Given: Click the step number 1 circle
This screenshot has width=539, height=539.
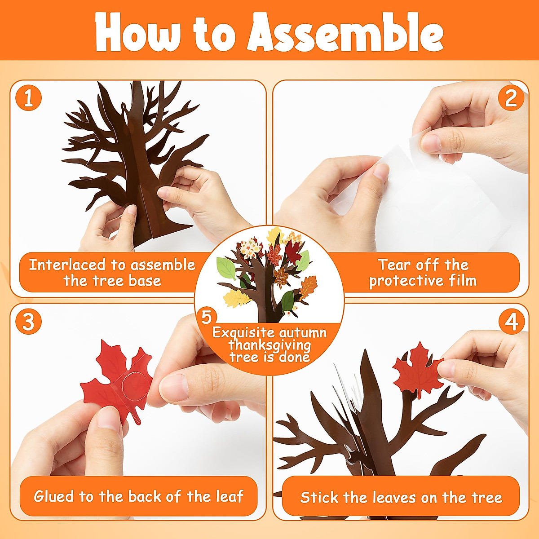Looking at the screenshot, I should [x=28, y=98].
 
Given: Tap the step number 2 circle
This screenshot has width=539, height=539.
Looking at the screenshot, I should [x=511, y=98].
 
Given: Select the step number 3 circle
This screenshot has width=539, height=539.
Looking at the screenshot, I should [x=28, y=322].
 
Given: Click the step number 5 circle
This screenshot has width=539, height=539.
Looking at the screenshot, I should [x=206, y=317].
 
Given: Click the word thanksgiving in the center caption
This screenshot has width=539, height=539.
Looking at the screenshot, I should [x=269, y=345].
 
